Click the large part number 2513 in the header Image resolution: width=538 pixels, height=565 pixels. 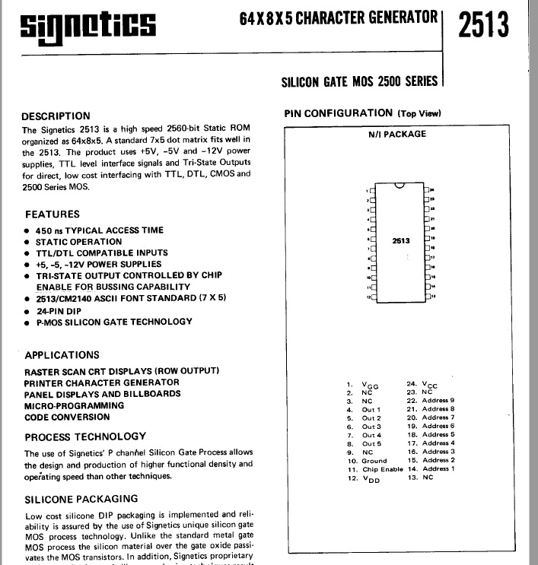[483, 24]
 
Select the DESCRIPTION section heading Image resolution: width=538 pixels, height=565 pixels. [66, 116]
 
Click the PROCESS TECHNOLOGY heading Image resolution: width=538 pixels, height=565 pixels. [85, 437]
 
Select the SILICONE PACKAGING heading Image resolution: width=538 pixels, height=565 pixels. [81, 499]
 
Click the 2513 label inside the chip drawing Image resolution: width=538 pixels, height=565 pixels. [400, 241]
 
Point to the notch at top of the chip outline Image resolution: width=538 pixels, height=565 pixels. [399, 185]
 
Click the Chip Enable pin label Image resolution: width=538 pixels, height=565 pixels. [381, 469]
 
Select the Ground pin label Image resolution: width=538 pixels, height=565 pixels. [374, 461]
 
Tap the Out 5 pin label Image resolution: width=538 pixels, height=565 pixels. [371, 443]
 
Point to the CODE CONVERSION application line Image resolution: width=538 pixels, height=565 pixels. [67, 417]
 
